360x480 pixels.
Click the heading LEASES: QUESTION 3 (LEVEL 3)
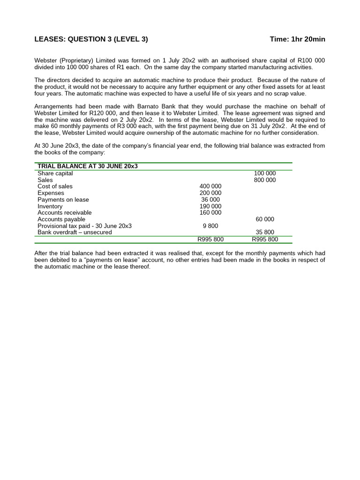pos(91,39)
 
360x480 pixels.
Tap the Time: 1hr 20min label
pos(297,39)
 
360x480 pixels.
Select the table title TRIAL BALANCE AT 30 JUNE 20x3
pos(88,166)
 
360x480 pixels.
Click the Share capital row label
pos(55,173)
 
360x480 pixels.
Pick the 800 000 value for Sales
pos(265,180)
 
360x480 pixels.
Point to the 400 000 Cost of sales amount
pos(210,187)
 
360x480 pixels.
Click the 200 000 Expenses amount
pos(210,193)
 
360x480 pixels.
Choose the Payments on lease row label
pos(63,200)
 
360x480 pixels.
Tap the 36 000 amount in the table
pos(210,200)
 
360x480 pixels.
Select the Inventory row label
pos(50,206)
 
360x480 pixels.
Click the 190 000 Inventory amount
pos(210,206)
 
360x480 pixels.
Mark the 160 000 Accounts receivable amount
pos(210,213)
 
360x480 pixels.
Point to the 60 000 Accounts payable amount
pos(265,219)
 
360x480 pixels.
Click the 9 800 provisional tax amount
pos(210,226)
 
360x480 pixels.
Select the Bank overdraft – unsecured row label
pos(75,232)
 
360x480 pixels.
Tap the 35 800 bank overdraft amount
pos(265,232)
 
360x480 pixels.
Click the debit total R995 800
pos(210,240)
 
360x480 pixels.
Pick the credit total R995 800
pos(265,240)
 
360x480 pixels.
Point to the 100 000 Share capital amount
pos(265,173)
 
